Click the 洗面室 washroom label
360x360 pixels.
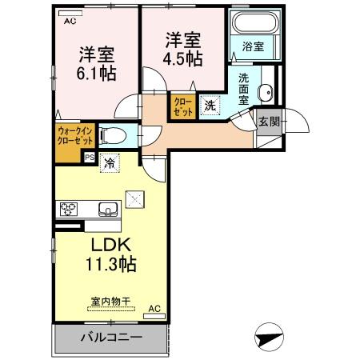(243, 92)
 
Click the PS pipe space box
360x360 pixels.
(89, 157)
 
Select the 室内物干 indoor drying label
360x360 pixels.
(110, 302)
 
